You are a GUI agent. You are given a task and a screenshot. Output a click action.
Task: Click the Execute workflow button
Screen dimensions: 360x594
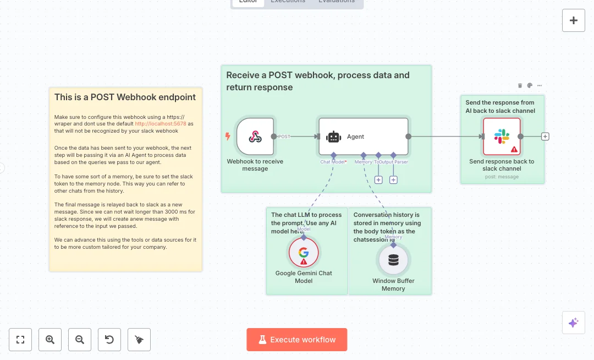click(297, 340)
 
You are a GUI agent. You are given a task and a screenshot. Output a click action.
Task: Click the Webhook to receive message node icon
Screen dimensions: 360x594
click(255, 137)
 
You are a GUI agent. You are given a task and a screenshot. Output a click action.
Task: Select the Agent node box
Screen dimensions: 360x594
click(363, 137)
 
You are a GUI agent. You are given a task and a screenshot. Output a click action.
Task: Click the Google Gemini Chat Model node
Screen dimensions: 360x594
click(304, 253)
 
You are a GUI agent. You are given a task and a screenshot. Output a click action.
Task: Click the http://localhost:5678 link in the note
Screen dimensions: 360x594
click(160, 124)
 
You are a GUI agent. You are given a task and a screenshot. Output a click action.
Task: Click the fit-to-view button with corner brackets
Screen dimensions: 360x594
click(20, 340)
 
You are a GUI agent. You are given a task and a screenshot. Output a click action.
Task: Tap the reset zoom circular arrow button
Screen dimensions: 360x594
click(109, 340)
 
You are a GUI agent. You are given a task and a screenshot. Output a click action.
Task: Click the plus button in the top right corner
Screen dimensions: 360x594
click(574, 20)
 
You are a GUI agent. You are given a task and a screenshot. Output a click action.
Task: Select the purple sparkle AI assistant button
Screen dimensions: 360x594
click(574, 323)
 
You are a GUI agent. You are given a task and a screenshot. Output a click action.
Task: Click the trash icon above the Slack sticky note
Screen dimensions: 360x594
click(520, 85)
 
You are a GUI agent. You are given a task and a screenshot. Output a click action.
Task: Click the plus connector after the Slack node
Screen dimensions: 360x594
click(545, 137)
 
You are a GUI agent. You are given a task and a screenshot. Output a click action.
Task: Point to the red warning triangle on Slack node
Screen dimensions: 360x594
click(514, 149)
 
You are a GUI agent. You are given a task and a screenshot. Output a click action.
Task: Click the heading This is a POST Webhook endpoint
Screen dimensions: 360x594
click(125, 97)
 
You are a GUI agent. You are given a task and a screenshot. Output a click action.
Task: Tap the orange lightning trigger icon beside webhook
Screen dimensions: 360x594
click(228, 137)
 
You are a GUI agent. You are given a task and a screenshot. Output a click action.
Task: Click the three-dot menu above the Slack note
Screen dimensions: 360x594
click(540, 85)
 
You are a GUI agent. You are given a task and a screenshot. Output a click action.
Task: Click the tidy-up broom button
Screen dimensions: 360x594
click(139, 340)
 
